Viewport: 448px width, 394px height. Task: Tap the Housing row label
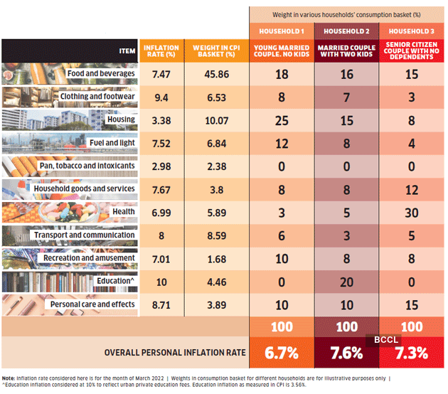pos(120,119)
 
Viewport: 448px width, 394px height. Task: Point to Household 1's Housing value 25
pos(282,119)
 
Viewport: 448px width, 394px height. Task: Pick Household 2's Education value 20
pos(347,281)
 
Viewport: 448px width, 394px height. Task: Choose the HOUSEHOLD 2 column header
pos(347,31)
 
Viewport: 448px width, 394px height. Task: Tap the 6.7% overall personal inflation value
pos(282,352)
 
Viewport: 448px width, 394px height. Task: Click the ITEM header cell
pos(127,50)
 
